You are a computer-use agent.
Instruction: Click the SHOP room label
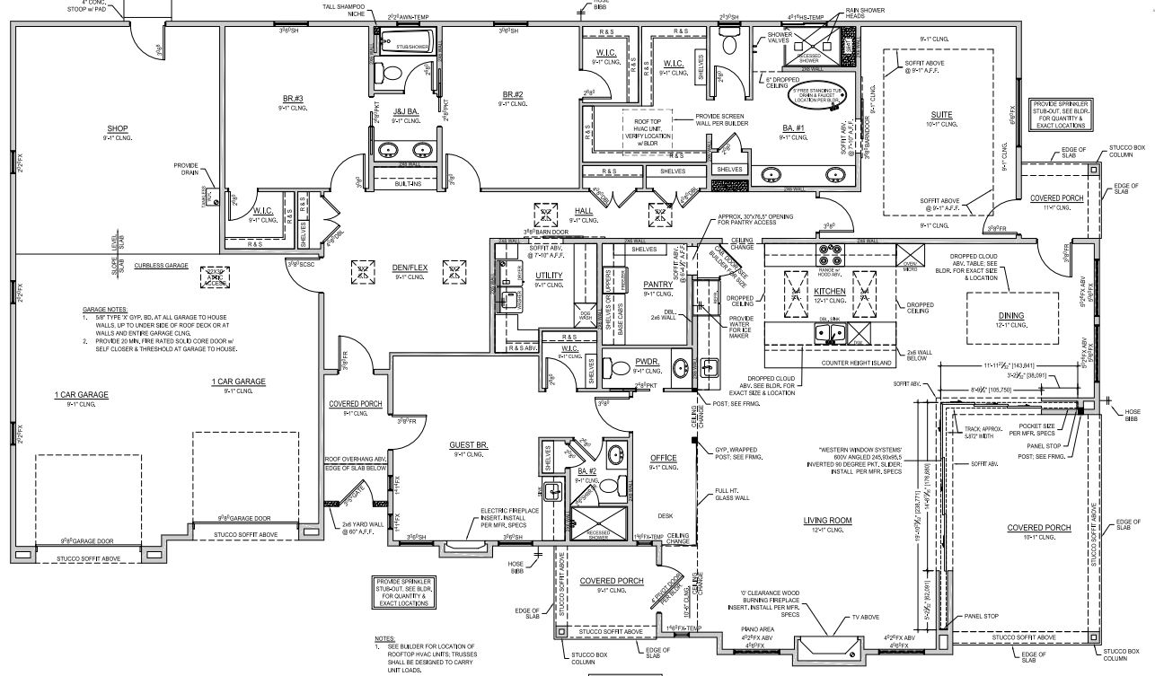(118, 128)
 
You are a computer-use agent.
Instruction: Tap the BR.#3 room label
(293, 98)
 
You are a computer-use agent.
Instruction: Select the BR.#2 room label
(513, 94)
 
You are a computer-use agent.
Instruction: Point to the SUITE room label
(941, 115)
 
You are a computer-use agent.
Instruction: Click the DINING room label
(1010, 315)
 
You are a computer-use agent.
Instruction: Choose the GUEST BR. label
(469, 444)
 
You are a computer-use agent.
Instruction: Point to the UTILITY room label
(548, 275)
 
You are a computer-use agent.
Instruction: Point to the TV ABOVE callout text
(866, 618)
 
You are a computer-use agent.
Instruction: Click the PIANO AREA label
(753, 629)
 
